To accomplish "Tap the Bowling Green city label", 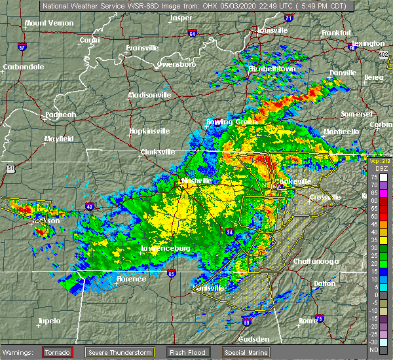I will [212, 122].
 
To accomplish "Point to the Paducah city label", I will [60, 115].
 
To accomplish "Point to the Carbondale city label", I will [23, 67].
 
